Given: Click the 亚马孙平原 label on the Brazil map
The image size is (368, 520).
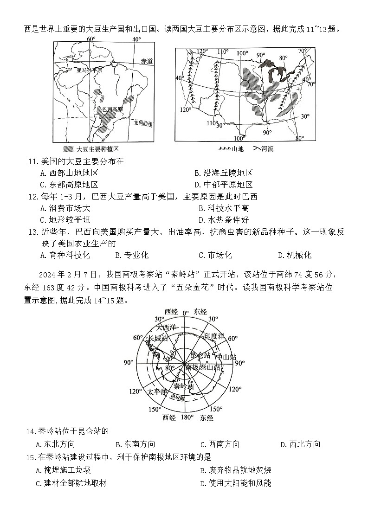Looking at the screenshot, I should point(89,70).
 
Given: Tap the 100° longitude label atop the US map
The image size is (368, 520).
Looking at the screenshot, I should point(242,53).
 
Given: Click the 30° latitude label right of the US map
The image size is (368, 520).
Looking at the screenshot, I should point(305,116).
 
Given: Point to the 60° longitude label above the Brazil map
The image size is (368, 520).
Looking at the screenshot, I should point(91,39).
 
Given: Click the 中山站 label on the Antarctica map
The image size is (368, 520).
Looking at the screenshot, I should point(226,357).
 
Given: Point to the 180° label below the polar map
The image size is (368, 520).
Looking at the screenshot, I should point(187,417).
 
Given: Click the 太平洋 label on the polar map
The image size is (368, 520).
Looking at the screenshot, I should point(157,392).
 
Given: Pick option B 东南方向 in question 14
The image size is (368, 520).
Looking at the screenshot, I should point(135,444).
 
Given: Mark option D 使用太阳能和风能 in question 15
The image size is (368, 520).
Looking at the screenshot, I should point(235,483).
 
